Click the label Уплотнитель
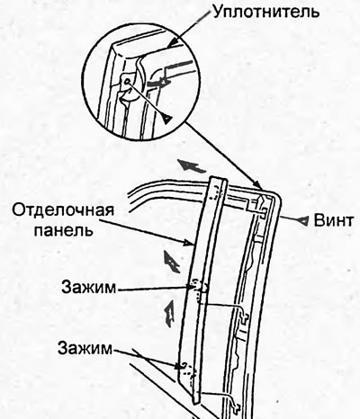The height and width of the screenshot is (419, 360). pos(265,12)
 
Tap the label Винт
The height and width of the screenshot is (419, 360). pos(333,221)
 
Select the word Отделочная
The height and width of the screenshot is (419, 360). pos(63,211)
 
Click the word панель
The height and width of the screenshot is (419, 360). pos(63,230)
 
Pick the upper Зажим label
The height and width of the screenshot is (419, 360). pos(89,288)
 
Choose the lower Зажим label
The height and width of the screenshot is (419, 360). pos(85,348)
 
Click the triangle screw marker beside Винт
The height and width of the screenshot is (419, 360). pos(302,221)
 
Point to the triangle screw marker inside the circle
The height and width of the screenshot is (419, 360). pos(167,120)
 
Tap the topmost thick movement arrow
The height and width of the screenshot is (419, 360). pos(192,165)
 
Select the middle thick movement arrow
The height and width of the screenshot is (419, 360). pos(171,261)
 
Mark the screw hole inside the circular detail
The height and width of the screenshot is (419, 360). pos(127,81)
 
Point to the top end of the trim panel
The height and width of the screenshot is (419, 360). pos(219,178)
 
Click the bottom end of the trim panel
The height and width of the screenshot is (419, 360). pos(194,402)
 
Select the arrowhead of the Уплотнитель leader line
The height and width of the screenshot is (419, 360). pos(170,44)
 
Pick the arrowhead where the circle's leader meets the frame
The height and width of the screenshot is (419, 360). pos(257,184)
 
